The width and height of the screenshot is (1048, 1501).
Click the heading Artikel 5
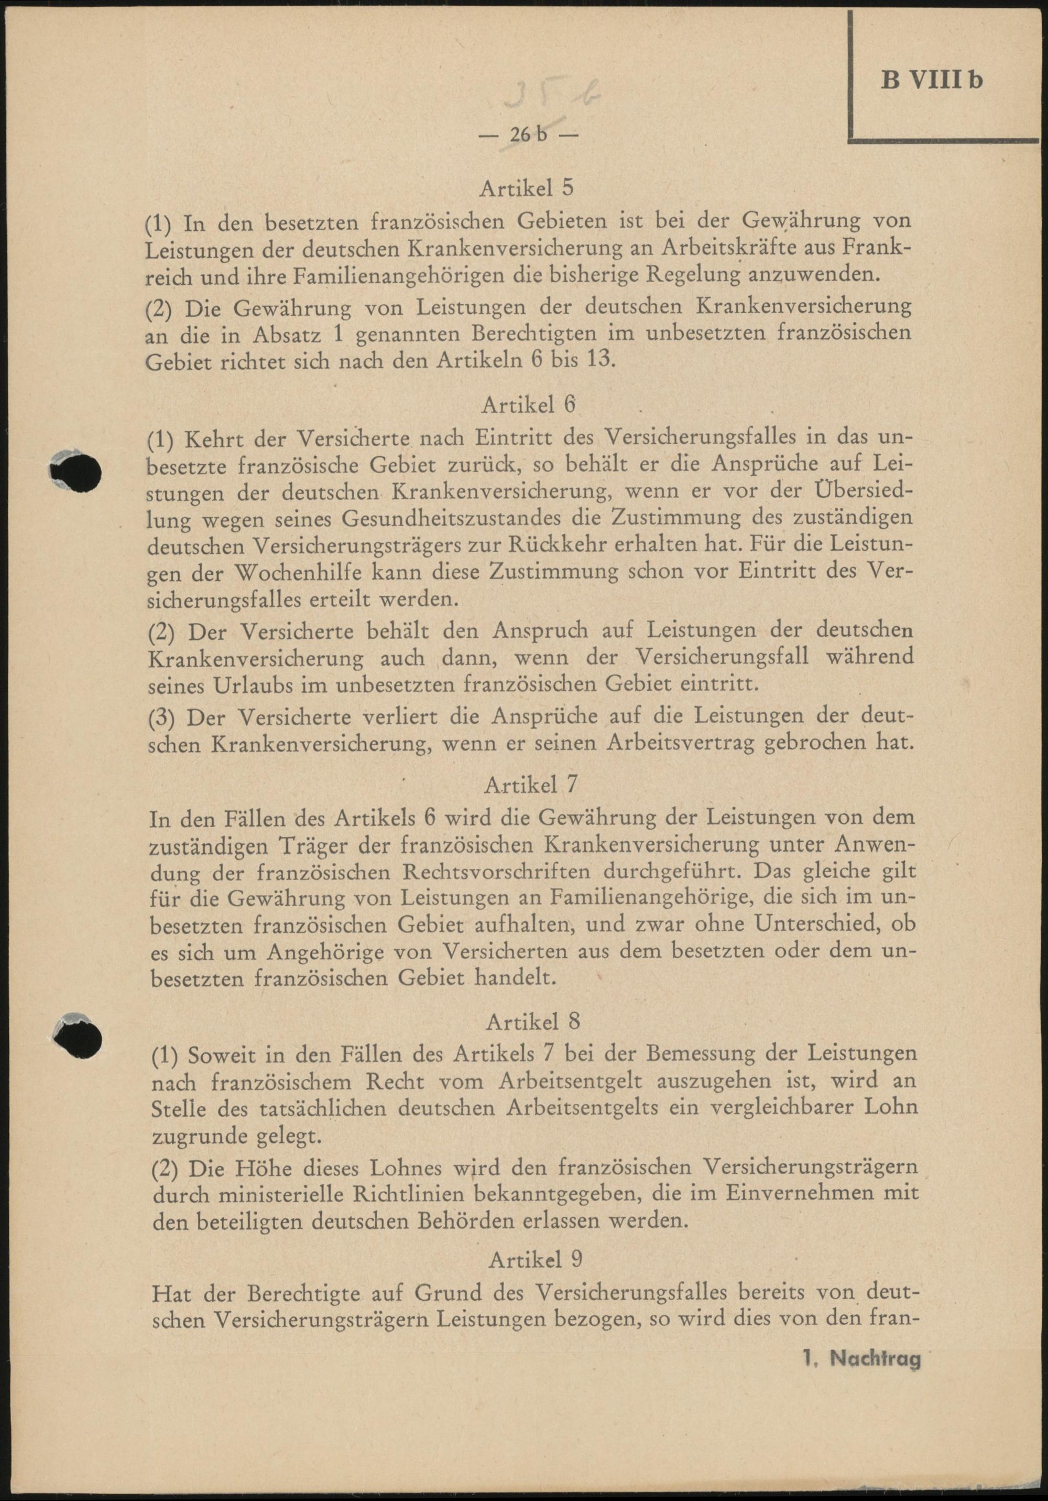coord(527,188)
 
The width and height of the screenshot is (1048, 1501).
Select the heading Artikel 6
coord(529,405)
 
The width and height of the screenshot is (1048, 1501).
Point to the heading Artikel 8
coord(532,1021)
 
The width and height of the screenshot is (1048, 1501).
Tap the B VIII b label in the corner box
coord(932,80)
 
